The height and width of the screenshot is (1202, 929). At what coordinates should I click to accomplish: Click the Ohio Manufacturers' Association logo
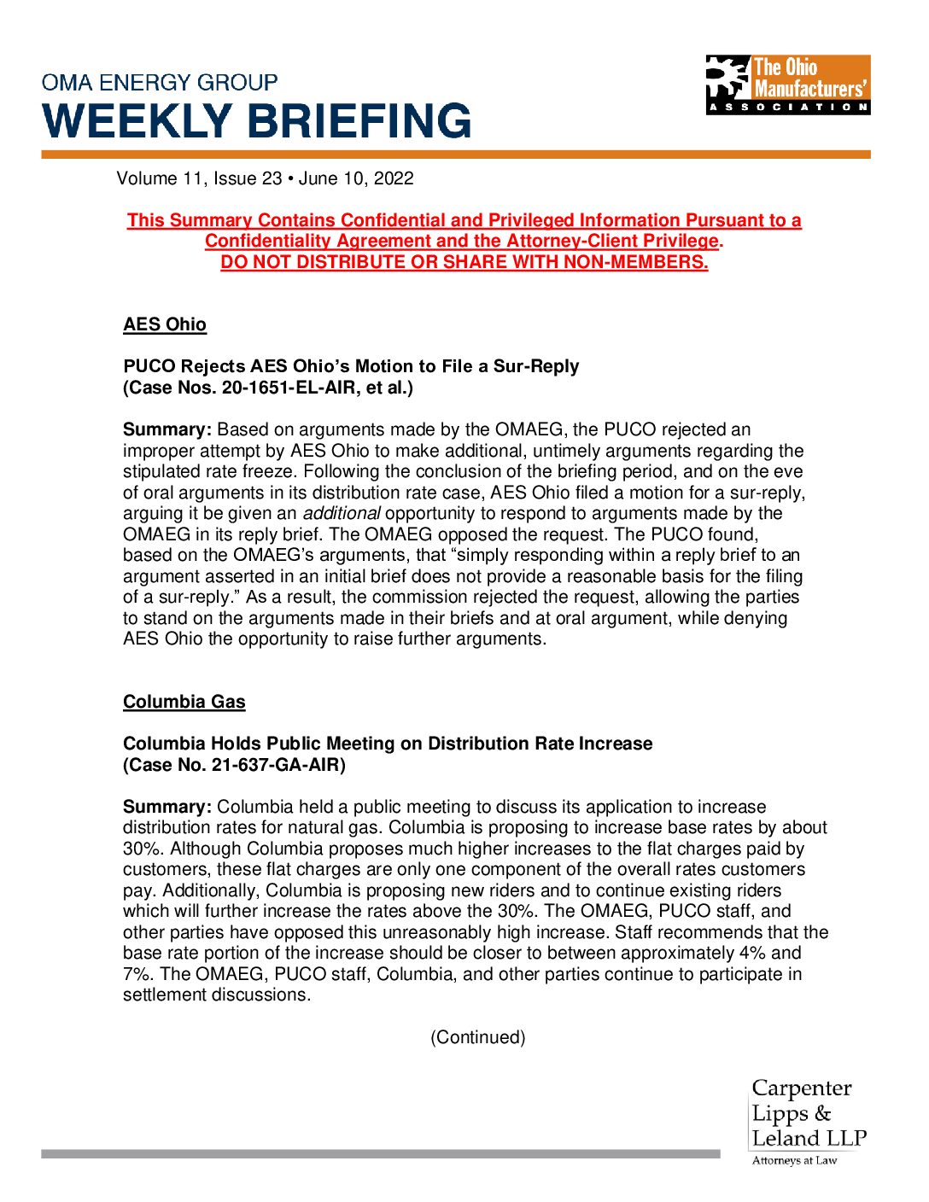pyautogui.click(x=787, y=85)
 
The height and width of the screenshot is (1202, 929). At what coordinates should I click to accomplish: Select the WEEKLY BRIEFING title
pyautogui.click(x=257, y=121)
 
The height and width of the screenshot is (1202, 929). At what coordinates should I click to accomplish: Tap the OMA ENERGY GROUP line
pyautogui.click(x=160, y=83)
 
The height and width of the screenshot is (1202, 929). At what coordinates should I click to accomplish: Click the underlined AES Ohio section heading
pyautogui.click(x=165, y=324)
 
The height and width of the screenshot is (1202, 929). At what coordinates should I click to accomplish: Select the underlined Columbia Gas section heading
pyautogui.click(x=184, y=702)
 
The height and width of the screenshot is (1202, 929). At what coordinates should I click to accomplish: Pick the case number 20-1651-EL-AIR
pyautogui.click(x=290, y=388)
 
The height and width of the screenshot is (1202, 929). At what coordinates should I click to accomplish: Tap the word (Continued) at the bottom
pyautogui.click(x=477, y=1037)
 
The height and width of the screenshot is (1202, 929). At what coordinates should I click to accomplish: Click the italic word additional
pyautogui.click(x=342, y=513)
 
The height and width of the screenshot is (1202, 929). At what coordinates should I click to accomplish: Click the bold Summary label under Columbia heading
pyautogui.click(x=167, y=807)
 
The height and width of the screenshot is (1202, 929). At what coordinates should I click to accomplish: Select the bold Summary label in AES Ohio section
pyautogui.click(x=167, y=429)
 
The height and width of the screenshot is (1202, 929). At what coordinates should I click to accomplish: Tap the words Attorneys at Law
pyautogui.click(x=794, y=1161)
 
